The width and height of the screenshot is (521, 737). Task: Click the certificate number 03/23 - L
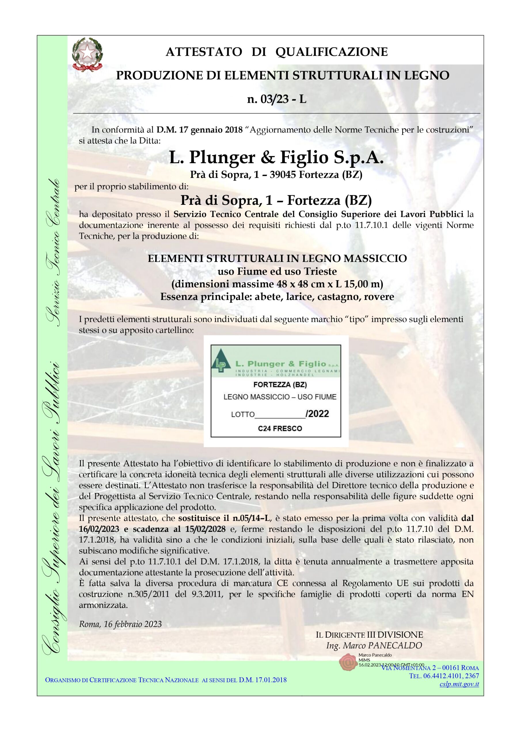click(277, 99)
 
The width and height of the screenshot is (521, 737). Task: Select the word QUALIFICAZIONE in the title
click(331, 52)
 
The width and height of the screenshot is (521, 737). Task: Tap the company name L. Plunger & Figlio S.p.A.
click(276, 157)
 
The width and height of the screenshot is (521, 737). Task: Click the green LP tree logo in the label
click(221, 362)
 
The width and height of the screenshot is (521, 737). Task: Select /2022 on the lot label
click(317, 414)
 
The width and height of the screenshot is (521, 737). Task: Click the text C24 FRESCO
click(280, 429)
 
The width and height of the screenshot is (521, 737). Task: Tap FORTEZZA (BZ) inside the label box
click(280, 385)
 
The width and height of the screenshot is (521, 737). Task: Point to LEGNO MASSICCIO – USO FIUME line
click(280, 397)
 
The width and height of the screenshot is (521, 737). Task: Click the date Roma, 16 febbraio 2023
click(120, 624)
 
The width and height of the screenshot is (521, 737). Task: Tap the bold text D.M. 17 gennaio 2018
click(199, 130)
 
